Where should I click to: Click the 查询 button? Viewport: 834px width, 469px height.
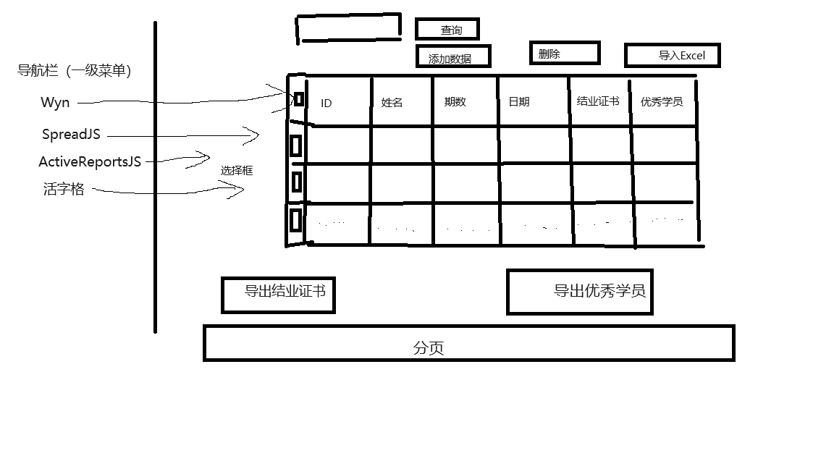pyautogui.click(x=447, y=30)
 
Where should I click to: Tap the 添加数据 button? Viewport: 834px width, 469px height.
pyautogui.click(x=453, y=56)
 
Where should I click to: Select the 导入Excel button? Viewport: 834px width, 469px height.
pyautogui.click(x=673, y=56)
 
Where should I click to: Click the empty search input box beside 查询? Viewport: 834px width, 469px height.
pyautogui.click(x=348, y=28)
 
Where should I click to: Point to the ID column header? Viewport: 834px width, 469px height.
pyautogui.click(x=327, y=103)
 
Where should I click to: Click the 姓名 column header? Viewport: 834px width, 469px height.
pyautogui.click(x=392, y=103)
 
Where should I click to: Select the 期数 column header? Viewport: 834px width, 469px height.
pyautogui.click(x=455, y=102)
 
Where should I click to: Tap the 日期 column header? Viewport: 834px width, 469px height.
pyautogui.click(x=519, y=102)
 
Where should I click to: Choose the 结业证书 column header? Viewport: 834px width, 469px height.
pyautogui.click(x=597, y=101)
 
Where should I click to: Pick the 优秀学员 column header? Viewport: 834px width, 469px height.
pyautogui.click(x=662, y=102)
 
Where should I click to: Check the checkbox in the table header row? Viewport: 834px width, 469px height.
pyautogui.click(x=298, y=99)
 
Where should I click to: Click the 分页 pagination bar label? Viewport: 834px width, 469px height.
pyautogui.click(x=429, y=348)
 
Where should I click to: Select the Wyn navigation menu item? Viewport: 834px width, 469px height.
pyautogui.click(x=56, y=103)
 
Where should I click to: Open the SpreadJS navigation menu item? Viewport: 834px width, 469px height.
pyautogui.click(x=71, y=135)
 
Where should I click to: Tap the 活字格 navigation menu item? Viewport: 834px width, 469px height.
pyautogui.click(x=64, y=190)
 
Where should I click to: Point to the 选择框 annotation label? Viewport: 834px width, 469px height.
pyautogui.click(x=237, y=171)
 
